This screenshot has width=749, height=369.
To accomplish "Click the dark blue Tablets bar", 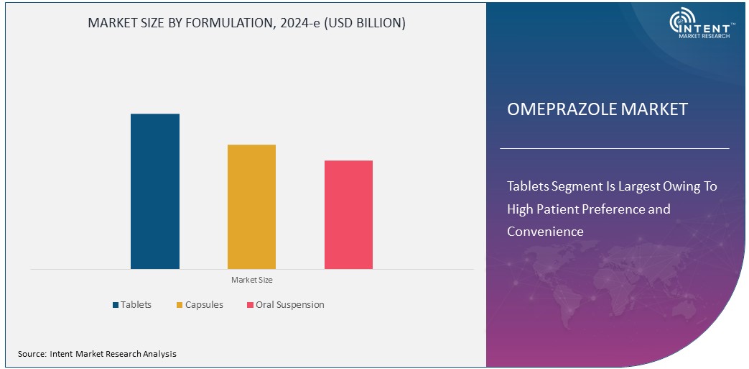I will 155,191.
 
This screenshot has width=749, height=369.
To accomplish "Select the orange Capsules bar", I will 251,207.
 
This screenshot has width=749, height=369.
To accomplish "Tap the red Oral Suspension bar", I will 348,214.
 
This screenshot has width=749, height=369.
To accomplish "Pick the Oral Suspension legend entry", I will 289,305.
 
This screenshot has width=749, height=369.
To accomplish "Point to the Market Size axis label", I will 251,279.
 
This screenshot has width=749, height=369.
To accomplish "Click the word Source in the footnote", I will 32,354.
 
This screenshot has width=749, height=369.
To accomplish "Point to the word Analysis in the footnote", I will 159,354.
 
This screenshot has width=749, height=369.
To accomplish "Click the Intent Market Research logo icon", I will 681,22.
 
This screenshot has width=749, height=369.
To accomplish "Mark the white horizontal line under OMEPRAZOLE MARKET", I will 614,148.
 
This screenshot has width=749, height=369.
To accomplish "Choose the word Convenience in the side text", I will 545,232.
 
